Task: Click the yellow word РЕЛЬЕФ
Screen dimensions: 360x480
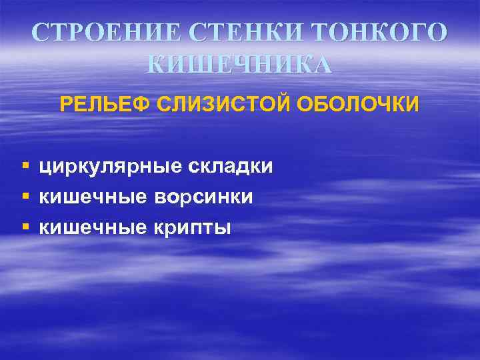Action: [x=105, y=105]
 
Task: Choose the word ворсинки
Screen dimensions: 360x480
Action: [x=204, y=197]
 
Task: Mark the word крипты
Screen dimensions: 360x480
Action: [x=192, y=227]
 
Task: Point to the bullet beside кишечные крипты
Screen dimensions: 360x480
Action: [x=25, y=227]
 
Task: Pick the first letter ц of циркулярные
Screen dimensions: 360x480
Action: [x=45, y=167]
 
